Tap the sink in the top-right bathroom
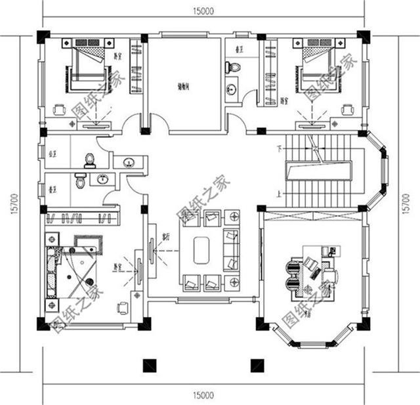coord(232,89)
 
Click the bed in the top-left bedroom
coord(85,66)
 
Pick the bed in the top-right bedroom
coord(322,66)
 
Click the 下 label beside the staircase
coord(280,146)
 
